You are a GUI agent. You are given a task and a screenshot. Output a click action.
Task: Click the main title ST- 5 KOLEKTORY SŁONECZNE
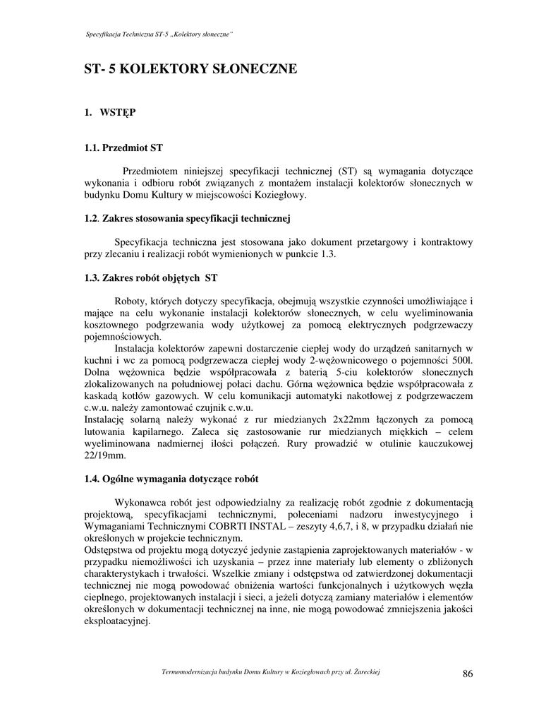190,69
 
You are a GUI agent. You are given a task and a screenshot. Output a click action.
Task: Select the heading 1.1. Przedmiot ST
123,148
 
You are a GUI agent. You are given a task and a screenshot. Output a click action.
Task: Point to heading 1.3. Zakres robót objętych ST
150,278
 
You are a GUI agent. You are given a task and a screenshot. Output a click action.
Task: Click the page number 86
468,674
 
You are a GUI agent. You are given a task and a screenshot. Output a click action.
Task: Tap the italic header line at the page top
159,35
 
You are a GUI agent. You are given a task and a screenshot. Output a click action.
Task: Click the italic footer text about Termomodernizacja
272,671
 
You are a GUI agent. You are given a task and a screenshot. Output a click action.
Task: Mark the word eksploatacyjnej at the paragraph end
117,622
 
